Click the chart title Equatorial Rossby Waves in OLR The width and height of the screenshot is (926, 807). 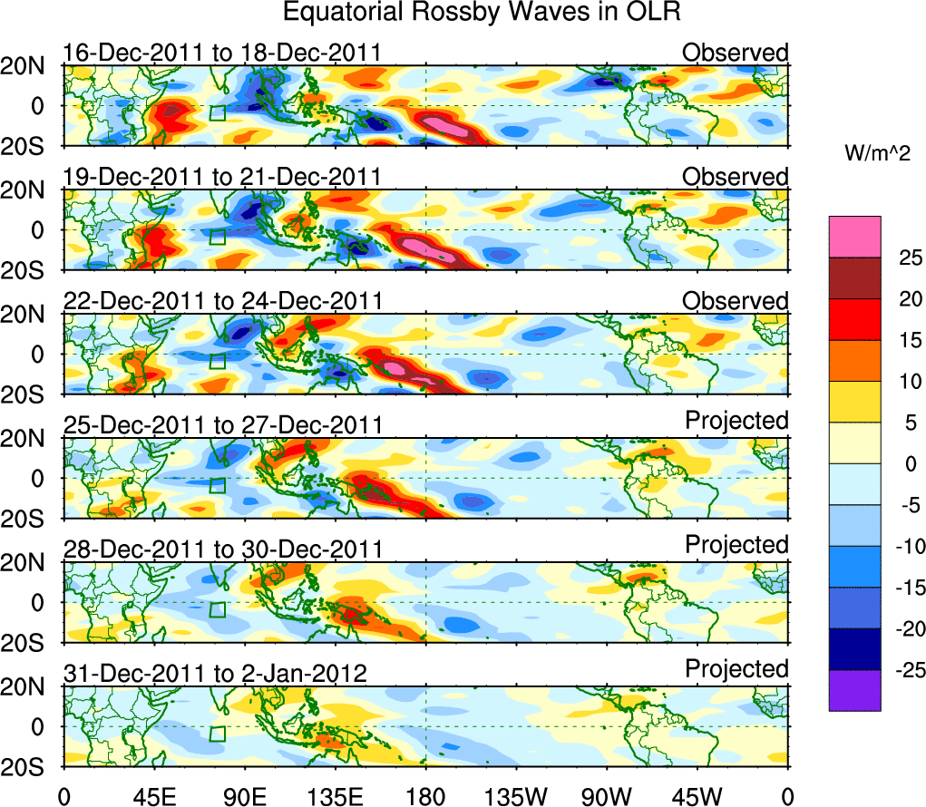tap(481, 13)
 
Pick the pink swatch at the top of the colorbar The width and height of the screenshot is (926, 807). tap(853, 237)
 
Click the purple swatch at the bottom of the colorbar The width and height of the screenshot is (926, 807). tap(853, 690)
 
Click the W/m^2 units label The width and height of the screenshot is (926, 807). tap(876, 153)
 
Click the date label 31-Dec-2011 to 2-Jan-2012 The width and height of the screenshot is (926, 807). tap(215, 674)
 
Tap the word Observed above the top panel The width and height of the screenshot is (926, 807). tap(736, 53)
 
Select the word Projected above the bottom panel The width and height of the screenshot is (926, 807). tap(736, 669)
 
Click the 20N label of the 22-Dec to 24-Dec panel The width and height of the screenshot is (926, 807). tap(27, 314)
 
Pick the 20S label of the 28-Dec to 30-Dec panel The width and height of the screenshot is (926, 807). tap(27, 643)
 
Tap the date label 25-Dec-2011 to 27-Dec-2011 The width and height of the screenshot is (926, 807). tap(221, 425)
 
